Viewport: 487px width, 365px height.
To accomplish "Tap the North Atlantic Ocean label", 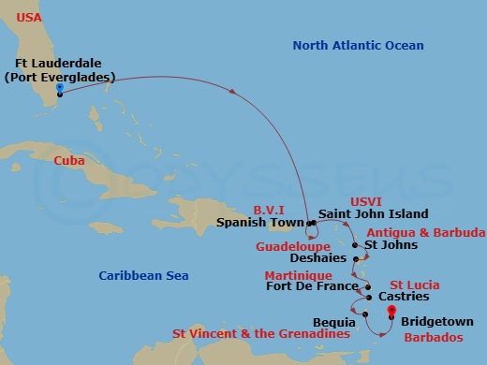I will click(x=358, y=45).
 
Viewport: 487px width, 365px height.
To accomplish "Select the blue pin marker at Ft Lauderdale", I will click(x=59, y=89).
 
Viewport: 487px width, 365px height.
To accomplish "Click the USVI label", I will click(x=366, y=200).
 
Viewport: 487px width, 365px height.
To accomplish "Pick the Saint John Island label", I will click(x=373, y=214).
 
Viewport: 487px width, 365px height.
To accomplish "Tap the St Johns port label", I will click(x=391, y=245).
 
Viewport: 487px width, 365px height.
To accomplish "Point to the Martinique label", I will click(x=297, y=275).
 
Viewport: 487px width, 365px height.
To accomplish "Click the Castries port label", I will click(x=404, y=297).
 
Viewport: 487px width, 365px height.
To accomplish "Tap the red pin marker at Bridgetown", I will click(x=391, y=313).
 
